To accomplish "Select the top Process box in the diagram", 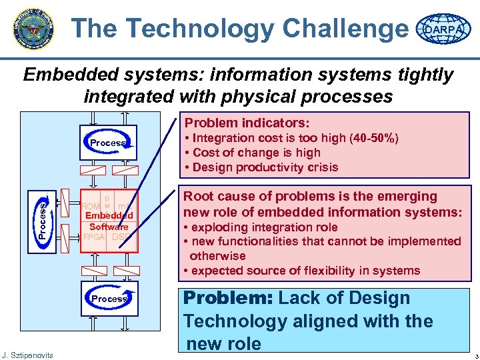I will [109, 143].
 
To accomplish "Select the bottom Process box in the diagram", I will [109, 299].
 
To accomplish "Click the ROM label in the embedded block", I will [90, 206].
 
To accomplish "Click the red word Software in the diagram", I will [109, 227].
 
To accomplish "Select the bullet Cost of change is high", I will [256, 153].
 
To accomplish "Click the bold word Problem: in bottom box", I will [230, 299].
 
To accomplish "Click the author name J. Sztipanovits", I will [28, 353].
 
